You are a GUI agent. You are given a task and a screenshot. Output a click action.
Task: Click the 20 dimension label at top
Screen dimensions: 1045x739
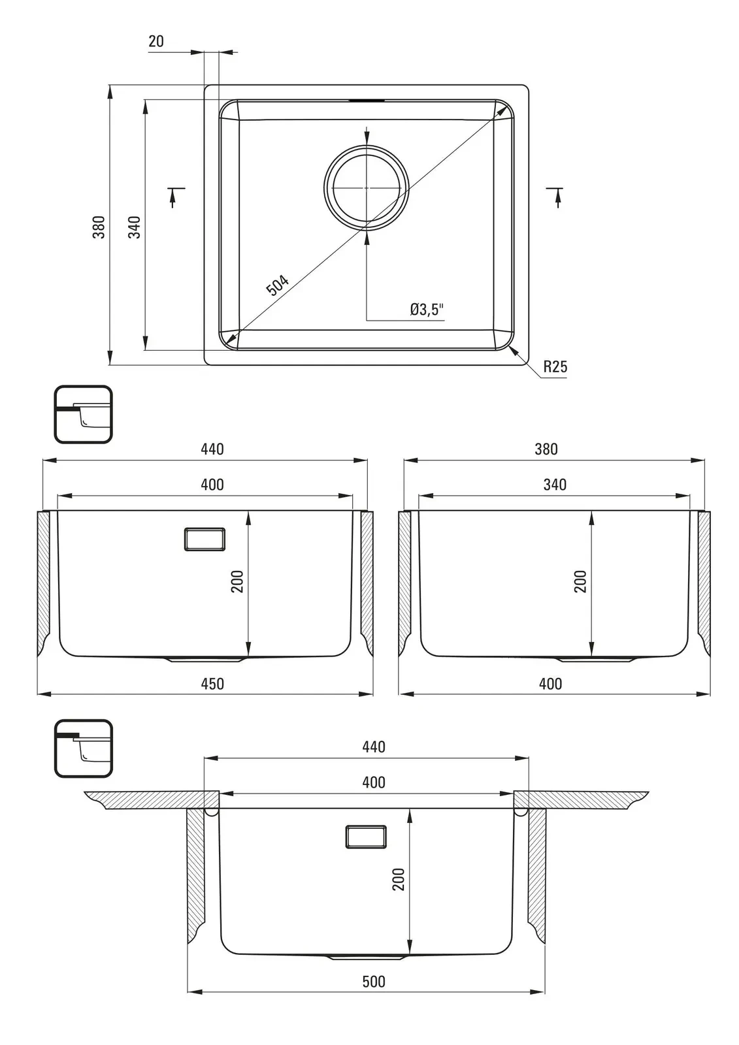point(156,41)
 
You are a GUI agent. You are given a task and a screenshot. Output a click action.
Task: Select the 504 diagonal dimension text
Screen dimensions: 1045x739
point(277,285)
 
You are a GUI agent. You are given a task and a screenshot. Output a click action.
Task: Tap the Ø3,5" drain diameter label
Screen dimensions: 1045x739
point(427,309)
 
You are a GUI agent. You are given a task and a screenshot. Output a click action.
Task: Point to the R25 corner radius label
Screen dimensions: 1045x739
point(555,366)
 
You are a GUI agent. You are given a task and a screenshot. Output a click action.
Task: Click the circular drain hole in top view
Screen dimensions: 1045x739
point(367,187)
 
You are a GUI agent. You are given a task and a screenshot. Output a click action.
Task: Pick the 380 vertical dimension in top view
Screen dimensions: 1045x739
point(99,227)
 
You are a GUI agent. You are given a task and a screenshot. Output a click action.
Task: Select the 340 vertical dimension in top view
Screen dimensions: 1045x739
point(134,227)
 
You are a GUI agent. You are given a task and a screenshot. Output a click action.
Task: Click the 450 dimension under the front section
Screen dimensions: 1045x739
point(212,683)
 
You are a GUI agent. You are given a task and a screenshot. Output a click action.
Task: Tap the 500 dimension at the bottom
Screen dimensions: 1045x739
point(374,981)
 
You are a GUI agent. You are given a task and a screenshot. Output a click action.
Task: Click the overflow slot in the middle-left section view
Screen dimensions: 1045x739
point(205,539)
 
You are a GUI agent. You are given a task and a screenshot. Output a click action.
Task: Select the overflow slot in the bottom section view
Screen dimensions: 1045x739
point(365,837)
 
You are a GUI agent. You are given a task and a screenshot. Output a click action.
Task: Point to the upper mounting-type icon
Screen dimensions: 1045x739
point(83,415)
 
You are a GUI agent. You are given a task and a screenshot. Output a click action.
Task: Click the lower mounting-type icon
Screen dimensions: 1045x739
point(83,748)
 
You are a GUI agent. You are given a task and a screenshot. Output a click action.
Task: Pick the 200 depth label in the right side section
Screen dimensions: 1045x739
point(580,581)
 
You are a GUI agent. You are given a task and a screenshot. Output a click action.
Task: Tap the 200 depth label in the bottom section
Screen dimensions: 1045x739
point(399,878)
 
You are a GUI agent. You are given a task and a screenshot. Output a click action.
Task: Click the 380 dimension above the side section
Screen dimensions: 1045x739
point(546,449)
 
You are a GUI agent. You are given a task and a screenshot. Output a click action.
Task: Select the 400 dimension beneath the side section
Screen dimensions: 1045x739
point(550,683)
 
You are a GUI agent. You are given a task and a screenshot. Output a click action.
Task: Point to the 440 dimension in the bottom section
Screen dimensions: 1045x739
point(374,747)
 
